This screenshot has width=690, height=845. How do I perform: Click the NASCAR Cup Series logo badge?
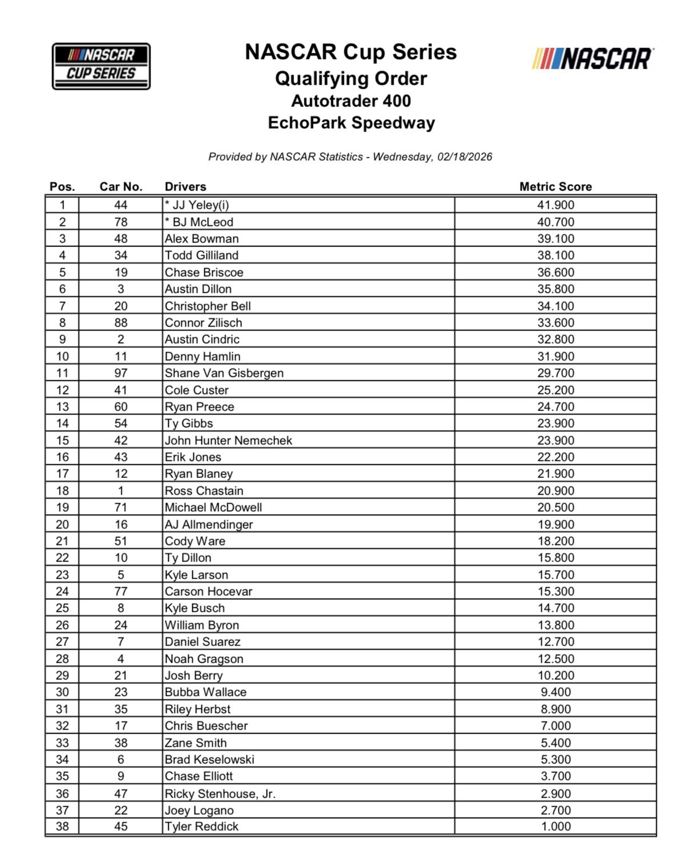pos(101,66)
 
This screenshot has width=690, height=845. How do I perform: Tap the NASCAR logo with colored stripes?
pos(593,59)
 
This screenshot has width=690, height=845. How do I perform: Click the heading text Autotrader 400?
pos(351,101)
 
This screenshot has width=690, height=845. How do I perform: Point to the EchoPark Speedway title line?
pos(351,122)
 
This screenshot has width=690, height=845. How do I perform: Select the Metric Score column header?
pos(555,186)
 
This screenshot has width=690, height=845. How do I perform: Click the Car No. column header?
pos(121,186)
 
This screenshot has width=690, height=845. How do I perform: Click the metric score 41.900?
pos(556,205)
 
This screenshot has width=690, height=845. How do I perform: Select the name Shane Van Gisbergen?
pos(224,373)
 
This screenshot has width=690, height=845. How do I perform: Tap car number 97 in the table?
pos(121,373)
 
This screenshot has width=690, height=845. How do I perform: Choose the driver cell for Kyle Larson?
pos(196,575)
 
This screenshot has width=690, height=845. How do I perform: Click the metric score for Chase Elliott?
pos(556,776)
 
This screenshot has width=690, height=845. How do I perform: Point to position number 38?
pos(62,827)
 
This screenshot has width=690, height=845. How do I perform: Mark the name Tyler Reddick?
pos(201,827)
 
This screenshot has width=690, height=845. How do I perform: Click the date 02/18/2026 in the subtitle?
pos(465,157)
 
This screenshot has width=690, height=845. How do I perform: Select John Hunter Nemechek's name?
pos(228,440)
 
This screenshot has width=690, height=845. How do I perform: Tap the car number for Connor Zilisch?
pos(121,323)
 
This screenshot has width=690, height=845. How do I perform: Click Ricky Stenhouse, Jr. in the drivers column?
pos(220,794)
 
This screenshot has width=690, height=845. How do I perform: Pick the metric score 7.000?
pos(556,726)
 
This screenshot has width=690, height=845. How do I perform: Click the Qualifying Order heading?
pos(351,78)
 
